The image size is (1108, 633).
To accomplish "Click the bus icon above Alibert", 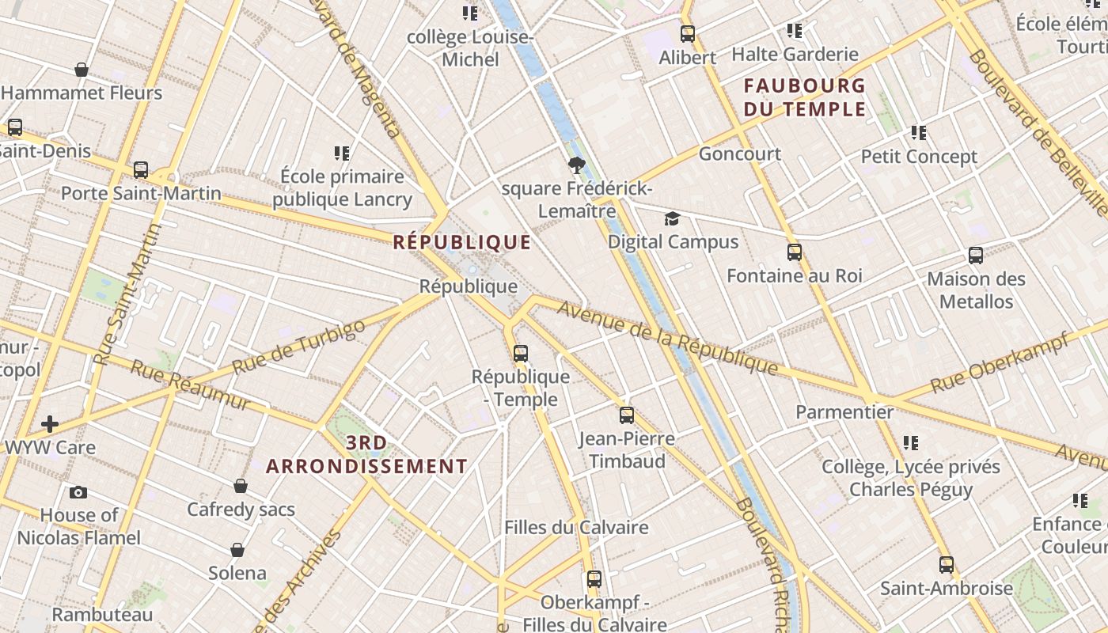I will click(688, 34).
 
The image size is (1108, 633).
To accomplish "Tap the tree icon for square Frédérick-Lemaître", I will click(576, 165).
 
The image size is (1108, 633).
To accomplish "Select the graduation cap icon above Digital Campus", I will click(672, 218).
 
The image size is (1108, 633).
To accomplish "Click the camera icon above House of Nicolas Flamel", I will click(78, 492).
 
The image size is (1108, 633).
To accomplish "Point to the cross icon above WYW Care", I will click(50, 424).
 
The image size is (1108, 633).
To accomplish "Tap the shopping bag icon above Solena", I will click(237, 550).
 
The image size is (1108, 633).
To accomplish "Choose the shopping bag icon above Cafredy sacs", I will click(241, 486).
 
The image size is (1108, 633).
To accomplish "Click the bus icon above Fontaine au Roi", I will click(795, 252).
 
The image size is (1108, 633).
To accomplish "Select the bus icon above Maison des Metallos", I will click(976, 256).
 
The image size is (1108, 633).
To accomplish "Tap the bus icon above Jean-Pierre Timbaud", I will click(627, 415).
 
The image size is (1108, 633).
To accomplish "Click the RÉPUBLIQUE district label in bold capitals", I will click(462, 242).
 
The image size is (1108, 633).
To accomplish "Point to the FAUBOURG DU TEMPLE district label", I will click(805, 97).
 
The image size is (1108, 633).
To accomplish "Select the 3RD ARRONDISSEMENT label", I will click(366, 455).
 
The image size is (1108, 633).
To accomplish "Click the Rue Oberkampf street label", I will click(1000, 363).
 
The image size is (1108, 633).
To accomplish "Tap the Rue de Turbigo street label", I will click(299, 347).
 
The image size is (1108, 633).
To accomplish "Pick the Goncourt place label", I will click(739, 154).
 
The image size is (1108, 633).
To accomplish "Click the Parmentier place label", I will click(844, 412).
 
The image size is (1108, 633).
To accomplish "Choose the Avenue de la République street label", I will click(668, 338).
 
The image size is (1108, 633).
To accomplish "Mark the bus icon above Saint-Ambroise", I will click(947, 565).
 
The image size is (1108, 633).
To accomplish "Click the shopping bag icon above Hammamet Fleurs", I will click(81, 70).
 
